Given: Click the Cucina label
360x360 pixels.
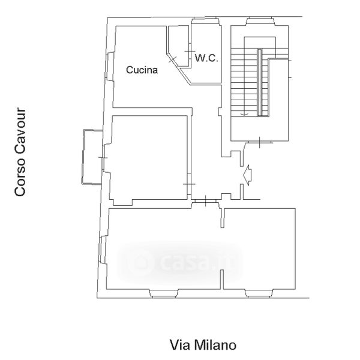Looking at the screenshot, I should click(142, 70).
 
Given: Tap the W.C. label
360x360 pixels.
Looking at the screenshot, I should click(206, 58).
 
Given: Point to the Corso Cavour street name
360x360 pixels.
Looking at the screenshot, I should click(20, 152).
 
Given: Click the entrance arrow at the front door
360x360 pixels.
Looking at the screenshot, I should click(248, 175).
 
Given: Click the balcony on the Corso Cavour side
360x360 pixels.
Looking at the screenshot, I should click(92, 157).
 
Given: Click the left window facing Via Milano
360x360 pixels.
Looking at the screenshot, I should click(164, 293).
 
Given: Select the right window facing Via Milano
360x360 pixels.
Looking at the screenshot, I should click(260, 293).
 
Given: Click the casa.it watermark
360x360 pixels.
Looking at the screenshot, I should click(180, 262).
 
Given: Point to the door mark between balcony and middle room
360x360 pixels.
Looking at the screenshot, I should click(103, 157).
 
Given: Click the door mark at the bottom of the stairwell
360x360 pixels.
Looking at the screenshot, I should click(259, 142).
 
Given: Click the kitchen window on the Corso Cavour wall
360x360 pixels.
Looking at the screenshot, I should click(110, 67).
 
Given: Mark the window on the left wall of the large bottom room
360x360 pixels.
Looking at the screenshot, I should click(103, 250).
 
